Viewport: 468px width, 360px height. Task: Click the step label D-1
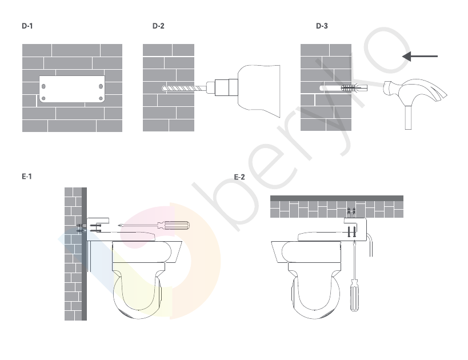(27, 26)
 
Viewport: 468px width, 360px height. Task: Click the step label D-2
(158, 26)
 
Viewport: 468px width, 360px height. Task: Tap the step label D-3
(322, 26)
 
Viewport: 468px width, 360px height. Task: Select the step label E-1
(27, 177)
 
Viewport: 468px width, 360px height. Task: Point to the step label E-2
(239, 177)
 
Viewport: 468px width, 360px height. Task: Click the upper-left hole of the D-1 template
(43, 86)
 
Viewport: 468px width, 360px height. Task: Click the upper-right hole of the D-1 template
(101, 86)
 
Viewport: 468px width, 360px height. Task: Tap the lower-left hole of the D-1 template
(43, 98)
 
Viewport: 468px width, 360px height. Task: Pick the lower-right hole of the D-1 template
(101, 98)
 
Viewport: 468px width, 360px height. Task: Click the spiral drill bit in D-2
(184, 89)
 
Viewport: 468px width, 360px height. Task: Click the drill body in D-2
(259, 91)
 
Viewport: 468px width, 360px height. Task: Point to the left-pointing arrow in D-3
(419, 56)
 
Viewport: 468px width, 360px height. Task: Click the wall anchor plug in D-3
(354, 88)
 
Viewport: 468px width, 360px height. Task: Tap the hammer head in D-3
(415, 90)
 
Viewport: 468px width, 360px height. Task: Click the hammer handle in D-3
(408, 117)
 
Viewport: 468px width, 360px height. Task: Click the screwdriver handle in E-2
(354, 295)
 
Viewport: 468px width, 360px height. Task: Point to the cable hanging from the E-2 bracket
(370, 245)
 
